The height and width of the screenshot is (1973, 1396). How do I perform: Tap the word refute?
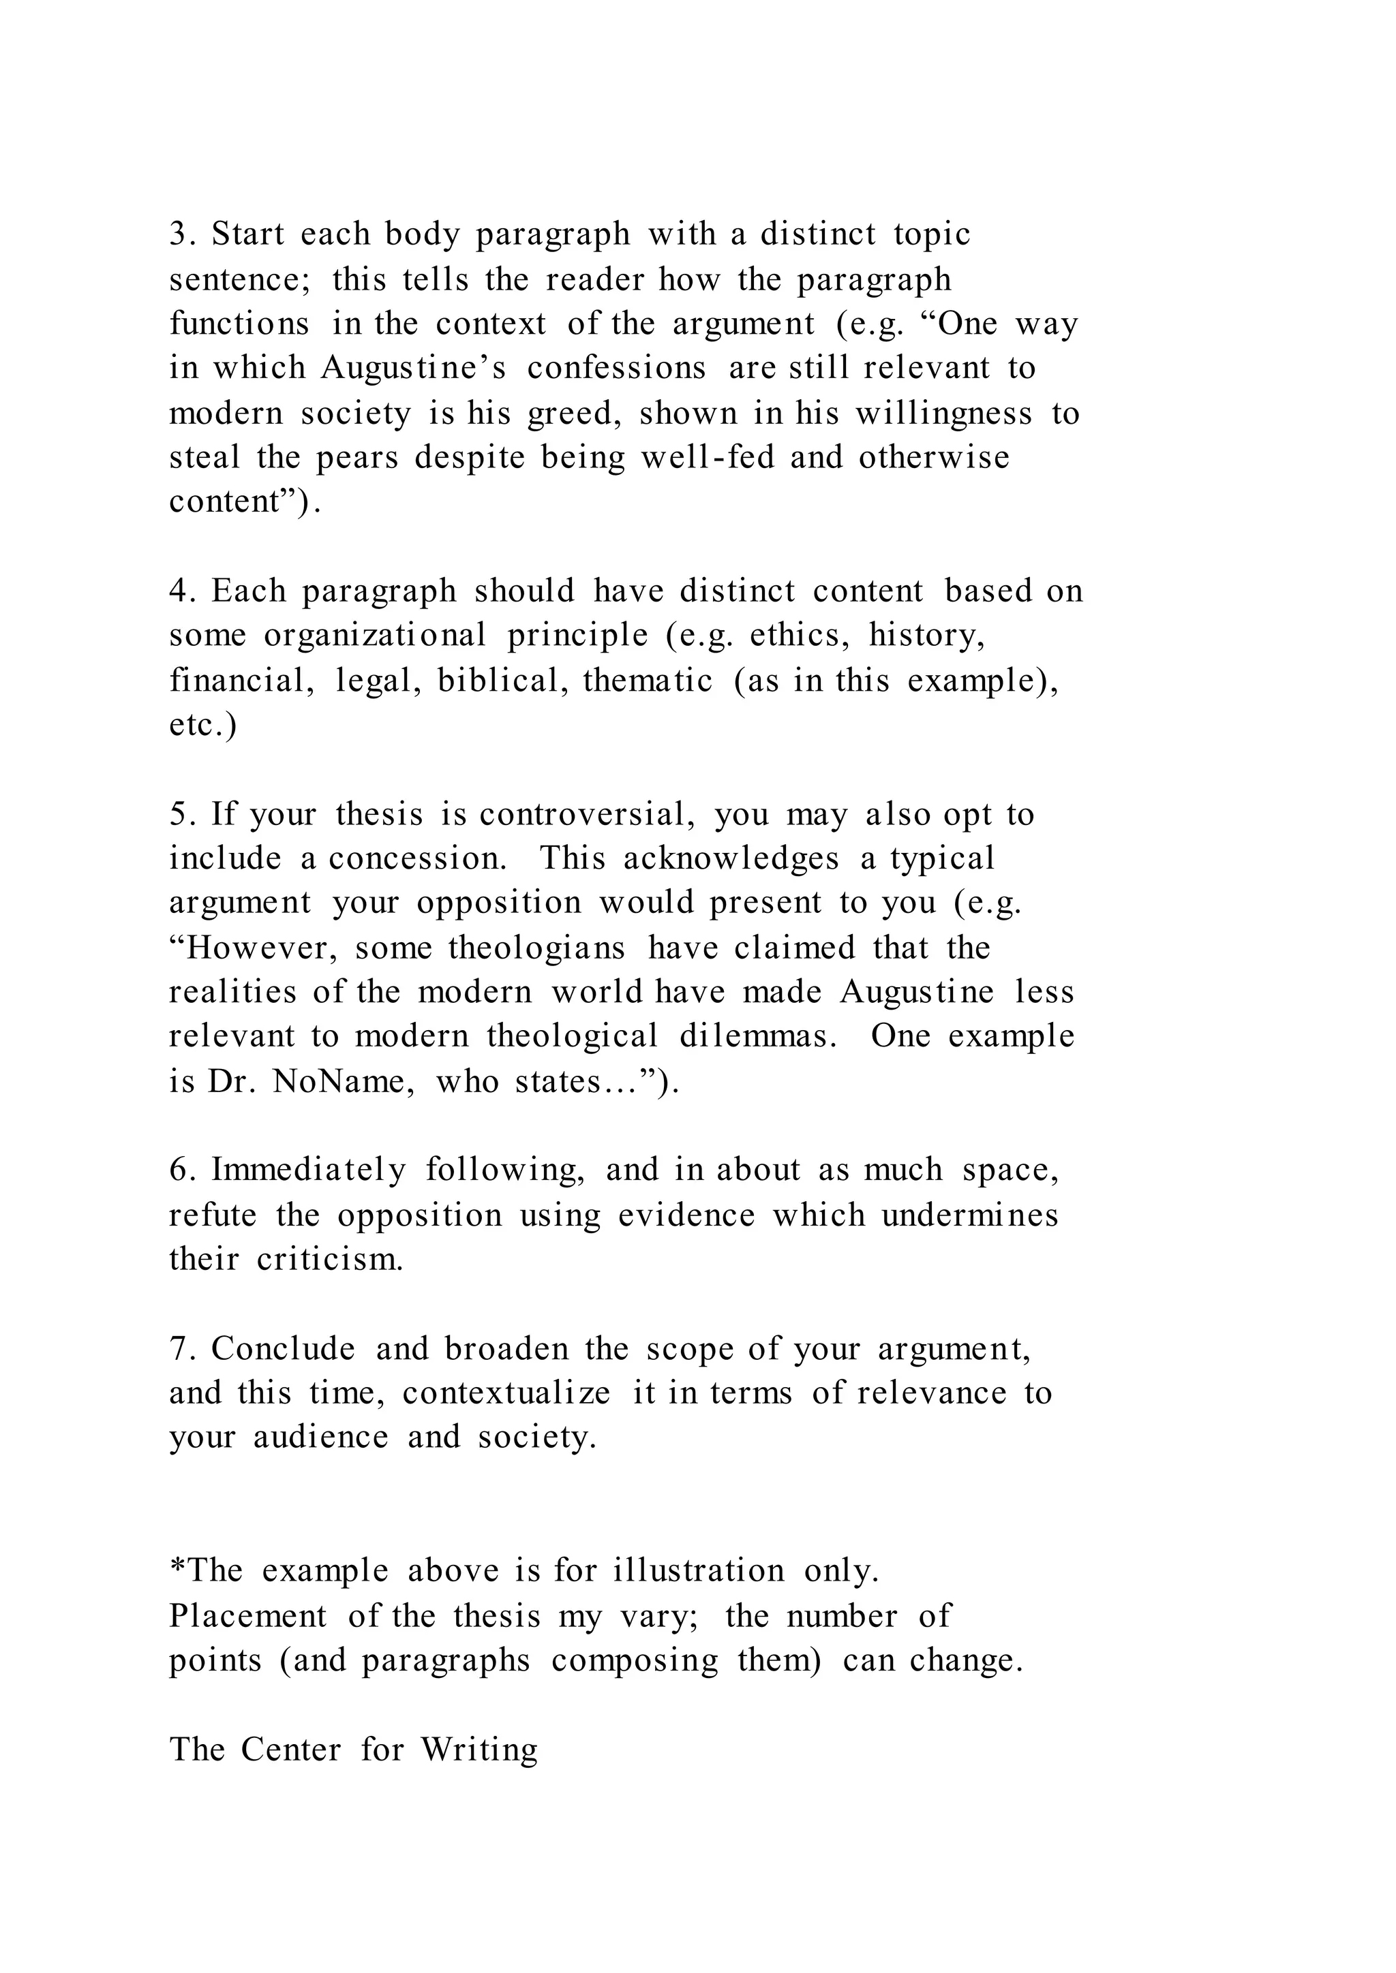click(x=212, y=1216)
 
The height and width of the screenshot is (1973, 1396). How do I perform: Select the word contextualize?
click(x=506, y=1393)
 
